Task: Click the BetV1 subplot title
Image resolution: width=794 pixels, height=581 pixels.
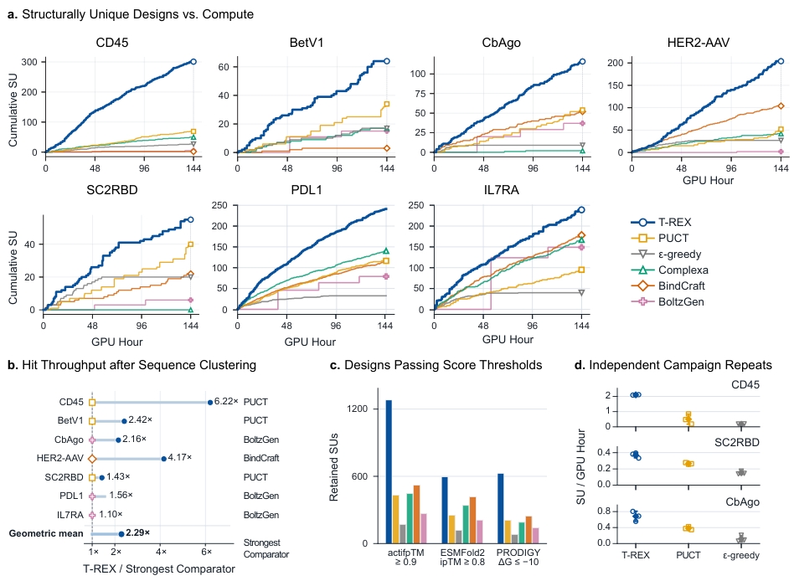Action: coord(307,43)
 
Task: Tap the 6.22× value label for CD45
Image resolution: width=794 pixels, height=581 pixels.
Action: coord(226,401)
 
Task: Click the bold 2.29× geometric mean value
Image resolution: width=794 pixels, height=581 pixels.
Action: coord(137,532)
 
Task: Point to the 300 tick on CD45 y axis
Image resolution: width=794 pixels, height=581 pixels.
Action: coord(28,62)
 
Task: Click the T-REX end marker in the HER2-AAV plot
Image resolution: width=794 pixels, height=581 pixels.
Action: coord(781,61)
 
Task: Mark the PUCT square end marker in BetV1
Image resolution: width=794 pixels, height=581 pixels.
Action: coord(387,105)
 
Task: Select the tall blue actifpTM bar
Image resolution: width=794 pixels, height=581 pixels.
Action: coord(389,471)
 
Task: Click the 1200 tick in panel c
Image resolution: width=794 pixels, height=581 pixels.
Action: coord(358,409)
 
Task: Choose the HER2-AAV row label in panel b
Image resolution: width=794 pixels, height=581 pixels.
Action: coord(59,458)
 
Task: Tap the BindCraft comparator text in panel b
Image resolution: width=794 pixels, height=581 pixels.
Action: coord(261,458)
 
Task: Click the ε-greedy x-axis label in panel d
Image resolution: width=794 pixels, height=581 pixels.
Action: coord(741,555)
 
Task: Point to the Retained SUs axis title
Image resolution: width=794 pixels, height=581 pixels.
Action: coord(333,467)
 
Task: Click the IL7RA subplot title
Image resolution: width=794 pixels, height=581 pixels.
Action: coord(502,190)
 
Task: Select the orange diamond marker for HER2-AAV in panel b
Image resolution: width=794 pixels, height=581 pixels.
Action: coord(92,459)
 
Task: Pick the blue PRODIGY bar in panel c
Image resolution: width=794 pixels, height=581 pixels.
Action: coord(501,509)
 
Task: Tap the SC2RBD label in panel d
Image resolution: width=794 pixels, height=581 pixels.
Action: coord(737,442)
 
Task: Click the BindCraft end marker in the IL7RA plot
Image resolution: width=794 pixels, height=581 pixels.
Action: coord(581,235)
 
